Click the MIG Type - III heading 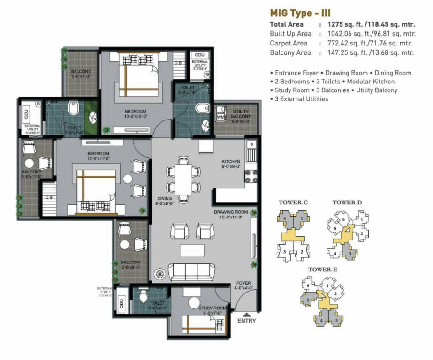click(303, 13)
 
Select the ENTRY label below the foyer click(247, 321)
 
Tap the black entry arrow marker click(247, 314)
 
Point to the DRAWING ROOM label click(231, 212)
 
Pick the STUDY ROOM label click(213, 308)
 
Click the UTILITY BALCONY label click(241, 114)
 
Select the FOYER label click(243, 283)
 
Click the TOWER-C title click(293, 202)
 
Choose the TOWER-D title click(347, 202)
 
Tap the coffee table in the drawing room click(189, 250)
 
